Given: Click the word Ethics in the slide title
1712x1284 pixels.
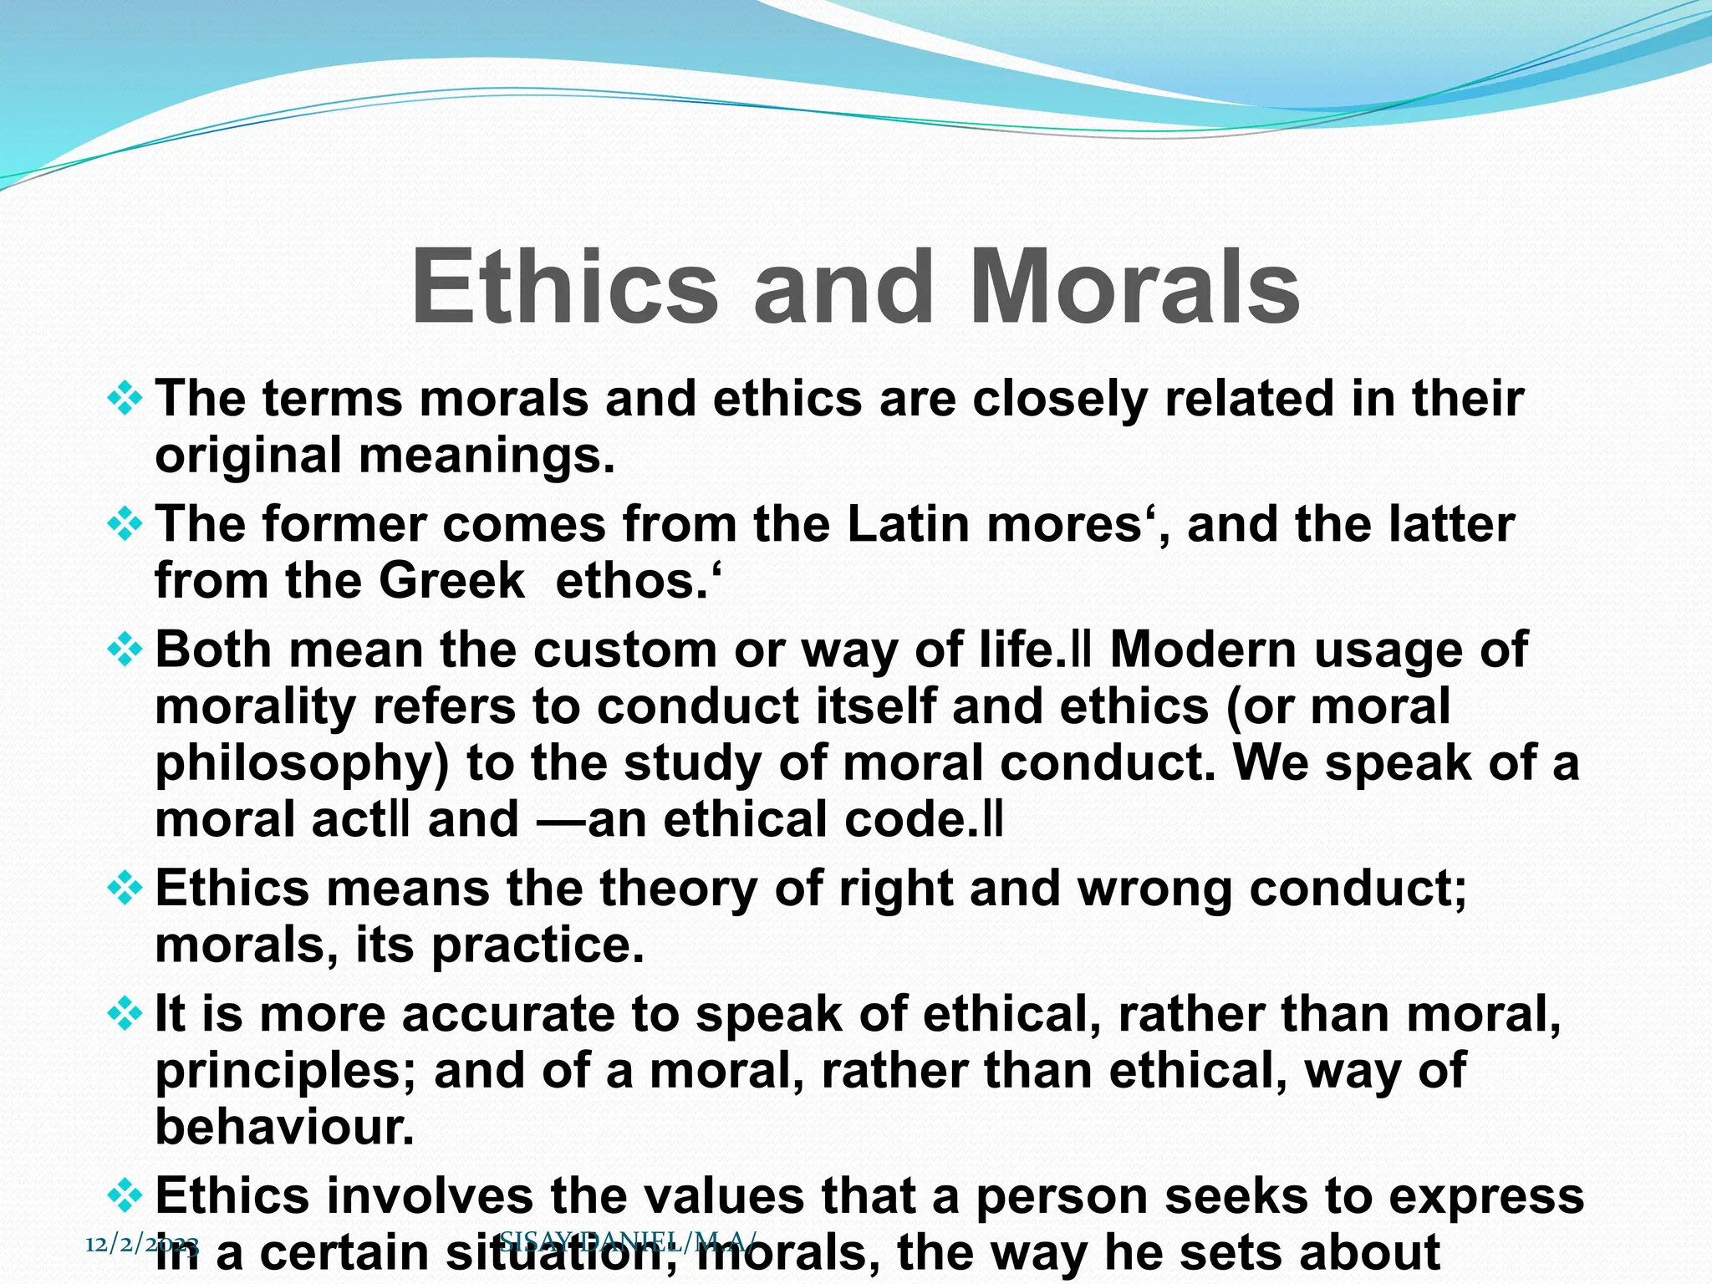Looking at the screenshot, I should pyautogui.click(x=564, y=288).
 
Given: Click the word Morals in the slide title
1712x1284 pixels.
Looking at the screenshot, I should pyautogui.click(x=1134, y=288).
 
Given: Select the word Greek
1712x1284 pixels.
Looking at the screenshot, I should pyautogui.click(x=451, y=581).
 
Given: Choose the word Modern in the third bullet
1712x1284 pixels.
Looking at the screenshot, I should pyautogui.click(x=1204, y=650).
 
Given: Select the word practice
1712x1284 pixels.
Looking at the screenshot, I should pyautogui.click(x=538, y=945).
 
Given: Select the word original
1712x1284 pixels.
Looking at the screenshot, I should pyautogui.click(x=248, y=456).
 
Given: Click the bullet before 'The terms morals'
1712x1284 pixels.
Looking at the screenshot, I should pyautogui.click(x=125, y=399).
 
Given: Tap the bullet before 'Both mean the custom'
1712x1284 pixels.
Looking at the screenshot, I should pyautogui.click(x=125, y=650).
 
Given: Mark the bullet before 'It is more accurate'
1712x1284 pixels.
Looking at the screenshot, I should pyautogui.click(x=125, y=1015).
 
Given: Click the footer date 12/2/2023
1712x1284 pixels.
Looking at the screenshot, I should pyautogui.click(x=142, y=1245).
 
